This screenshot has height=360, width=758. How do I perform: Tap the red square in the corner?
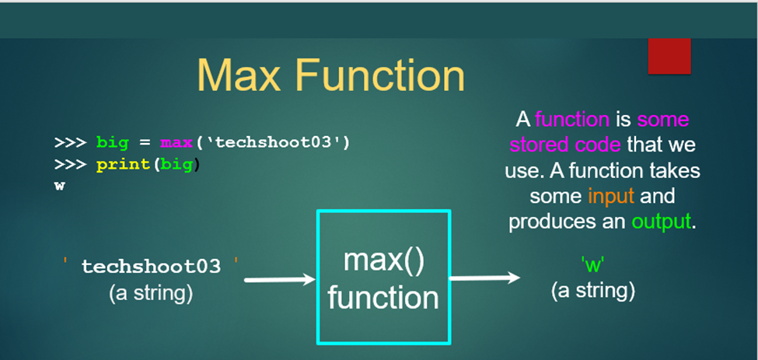(669, 56)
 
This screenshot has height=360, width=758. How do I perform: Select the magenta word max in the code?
(176, 143)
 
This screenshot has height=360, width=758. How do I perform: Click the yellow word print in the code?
(124, 166)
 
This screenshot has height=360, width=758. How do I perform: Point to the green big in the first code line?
(113, 144)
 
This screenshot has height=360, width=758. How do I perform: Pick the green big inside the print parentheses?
(176, 166)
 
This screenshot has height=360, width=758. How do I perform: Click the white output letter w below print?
(59, 187)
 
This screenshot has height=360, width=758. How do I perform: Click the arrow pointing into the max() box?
(280, 279)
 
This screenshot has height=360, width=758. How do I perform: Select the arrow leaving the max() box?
(485, 278)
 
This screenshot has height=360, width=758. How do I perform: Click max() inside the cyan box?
(383, 261)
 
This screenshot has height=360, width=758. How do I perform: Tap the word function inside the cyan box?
(382, 298)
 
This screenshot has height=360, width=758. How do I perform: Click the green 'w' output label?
(592, 266)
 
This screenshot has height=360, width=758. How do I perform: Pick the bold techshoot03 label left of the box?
(151, 266)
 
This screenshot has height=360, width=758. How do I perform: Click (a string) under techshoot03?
(151, 293)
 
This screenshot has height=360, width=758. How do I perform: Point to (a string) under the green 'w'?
(592, 291)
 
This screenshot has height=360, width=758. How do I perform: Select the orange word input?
(611, 197)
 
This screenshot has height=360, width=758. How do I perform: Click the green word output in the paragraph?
(661, 222)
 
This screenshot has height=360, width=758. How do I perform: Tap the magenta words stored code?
(565, 145)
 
